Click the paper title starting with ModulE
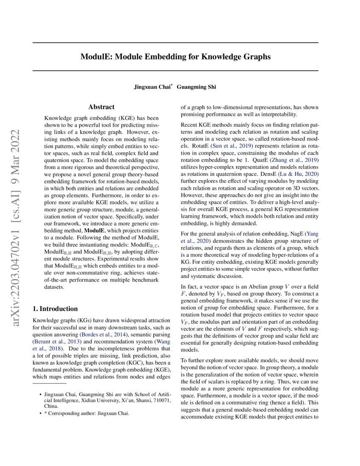(x=175, y=56)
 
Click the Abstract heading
(x=101, y=107)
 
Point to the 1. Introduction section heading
(x=55, y=308)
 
